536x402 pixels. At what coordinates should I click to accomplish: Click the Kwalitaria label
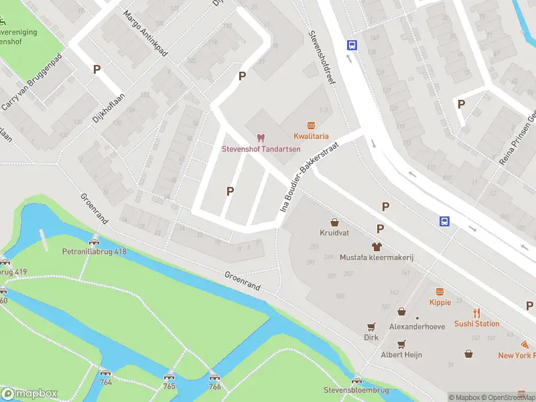pos(311,136)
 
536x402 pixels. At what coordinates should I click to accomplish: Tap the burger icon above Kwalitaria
pos(311,125)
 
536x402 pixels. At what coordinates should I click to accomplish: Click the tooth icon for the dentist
pos(261,137)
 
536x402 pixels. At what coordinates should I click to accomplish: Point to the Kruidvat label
pos(334,232)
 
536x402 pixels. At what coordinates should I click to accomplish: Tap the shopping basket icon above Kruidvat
pos(334,222)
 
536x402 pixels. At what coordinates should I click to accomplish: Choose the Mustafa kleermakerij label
pos(376,257)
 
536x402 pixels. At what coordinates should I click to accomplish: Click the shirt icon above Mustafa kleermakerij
pos(377,247)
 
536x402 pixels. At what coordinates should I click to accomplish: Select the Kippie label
pos(440,302)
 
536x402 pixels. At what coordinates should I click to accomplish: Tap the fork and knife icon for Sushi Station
pos(477,313)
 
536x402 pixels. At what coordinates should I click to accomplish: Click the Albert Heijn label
pos(401,354)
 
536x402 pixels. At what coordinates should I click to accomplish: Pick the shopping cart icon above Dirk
pos(371,327)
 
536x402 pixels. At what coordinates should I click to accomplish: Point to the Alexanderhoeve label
pos(417,327)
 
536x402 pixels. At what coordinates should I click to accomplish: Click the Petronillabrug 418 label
pos(94,252)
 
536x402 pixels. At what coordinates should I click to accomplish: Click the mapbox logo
pos(29,394)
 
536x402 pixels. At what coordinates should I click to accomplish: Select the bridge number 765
pos(170,387)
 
